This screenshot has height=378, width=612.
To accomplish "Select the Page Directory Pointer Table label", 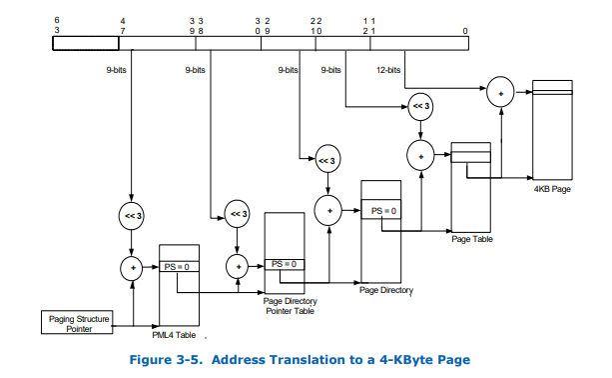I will (289, 306).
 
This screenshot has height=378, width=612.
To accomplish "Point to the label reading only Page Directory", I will (384, 290).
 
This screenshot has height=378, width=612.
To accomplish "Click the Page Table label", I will (471, 238).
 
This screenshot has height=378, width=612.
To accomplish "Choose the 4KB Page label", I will (552, 188).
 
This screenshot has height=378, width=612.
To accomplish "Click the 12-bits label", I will (388, 70).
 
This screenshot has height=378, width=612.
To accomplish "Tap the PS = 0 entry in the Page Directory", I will (384, 211).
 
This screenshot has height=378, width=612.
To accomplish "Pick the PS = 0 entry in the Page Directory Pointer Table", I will (285, 264).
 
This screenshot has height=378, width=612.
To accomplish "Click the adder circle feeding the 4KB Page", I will (500, 96).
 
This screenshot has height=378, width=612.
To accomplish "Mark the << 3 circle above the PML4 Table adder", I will (131, 214).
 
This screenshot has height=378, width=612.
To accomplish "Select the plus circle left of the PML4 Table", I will (132, 267).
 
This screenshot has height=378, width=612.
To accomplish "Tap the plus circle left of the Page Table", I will (420, 155).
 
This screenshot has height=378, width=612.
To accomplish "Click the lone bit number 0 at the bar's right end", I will (465, 31).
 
